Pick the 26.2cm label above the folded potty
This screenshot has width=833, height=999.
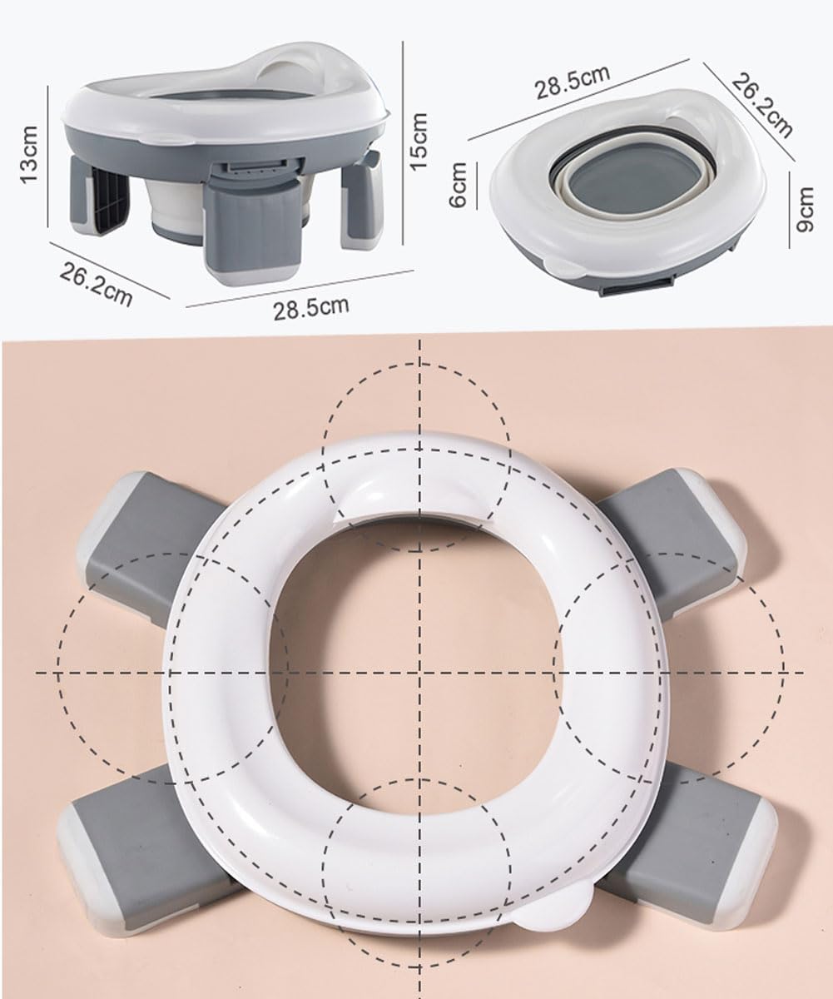pyautogui.click(x=762, y=103)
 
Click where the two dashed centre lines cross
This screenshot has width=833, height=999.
pyautogui.click(x=420, y=672)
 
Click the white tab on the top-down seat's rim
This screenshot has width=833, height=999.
pyautogui.click(x=549, y=911)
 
